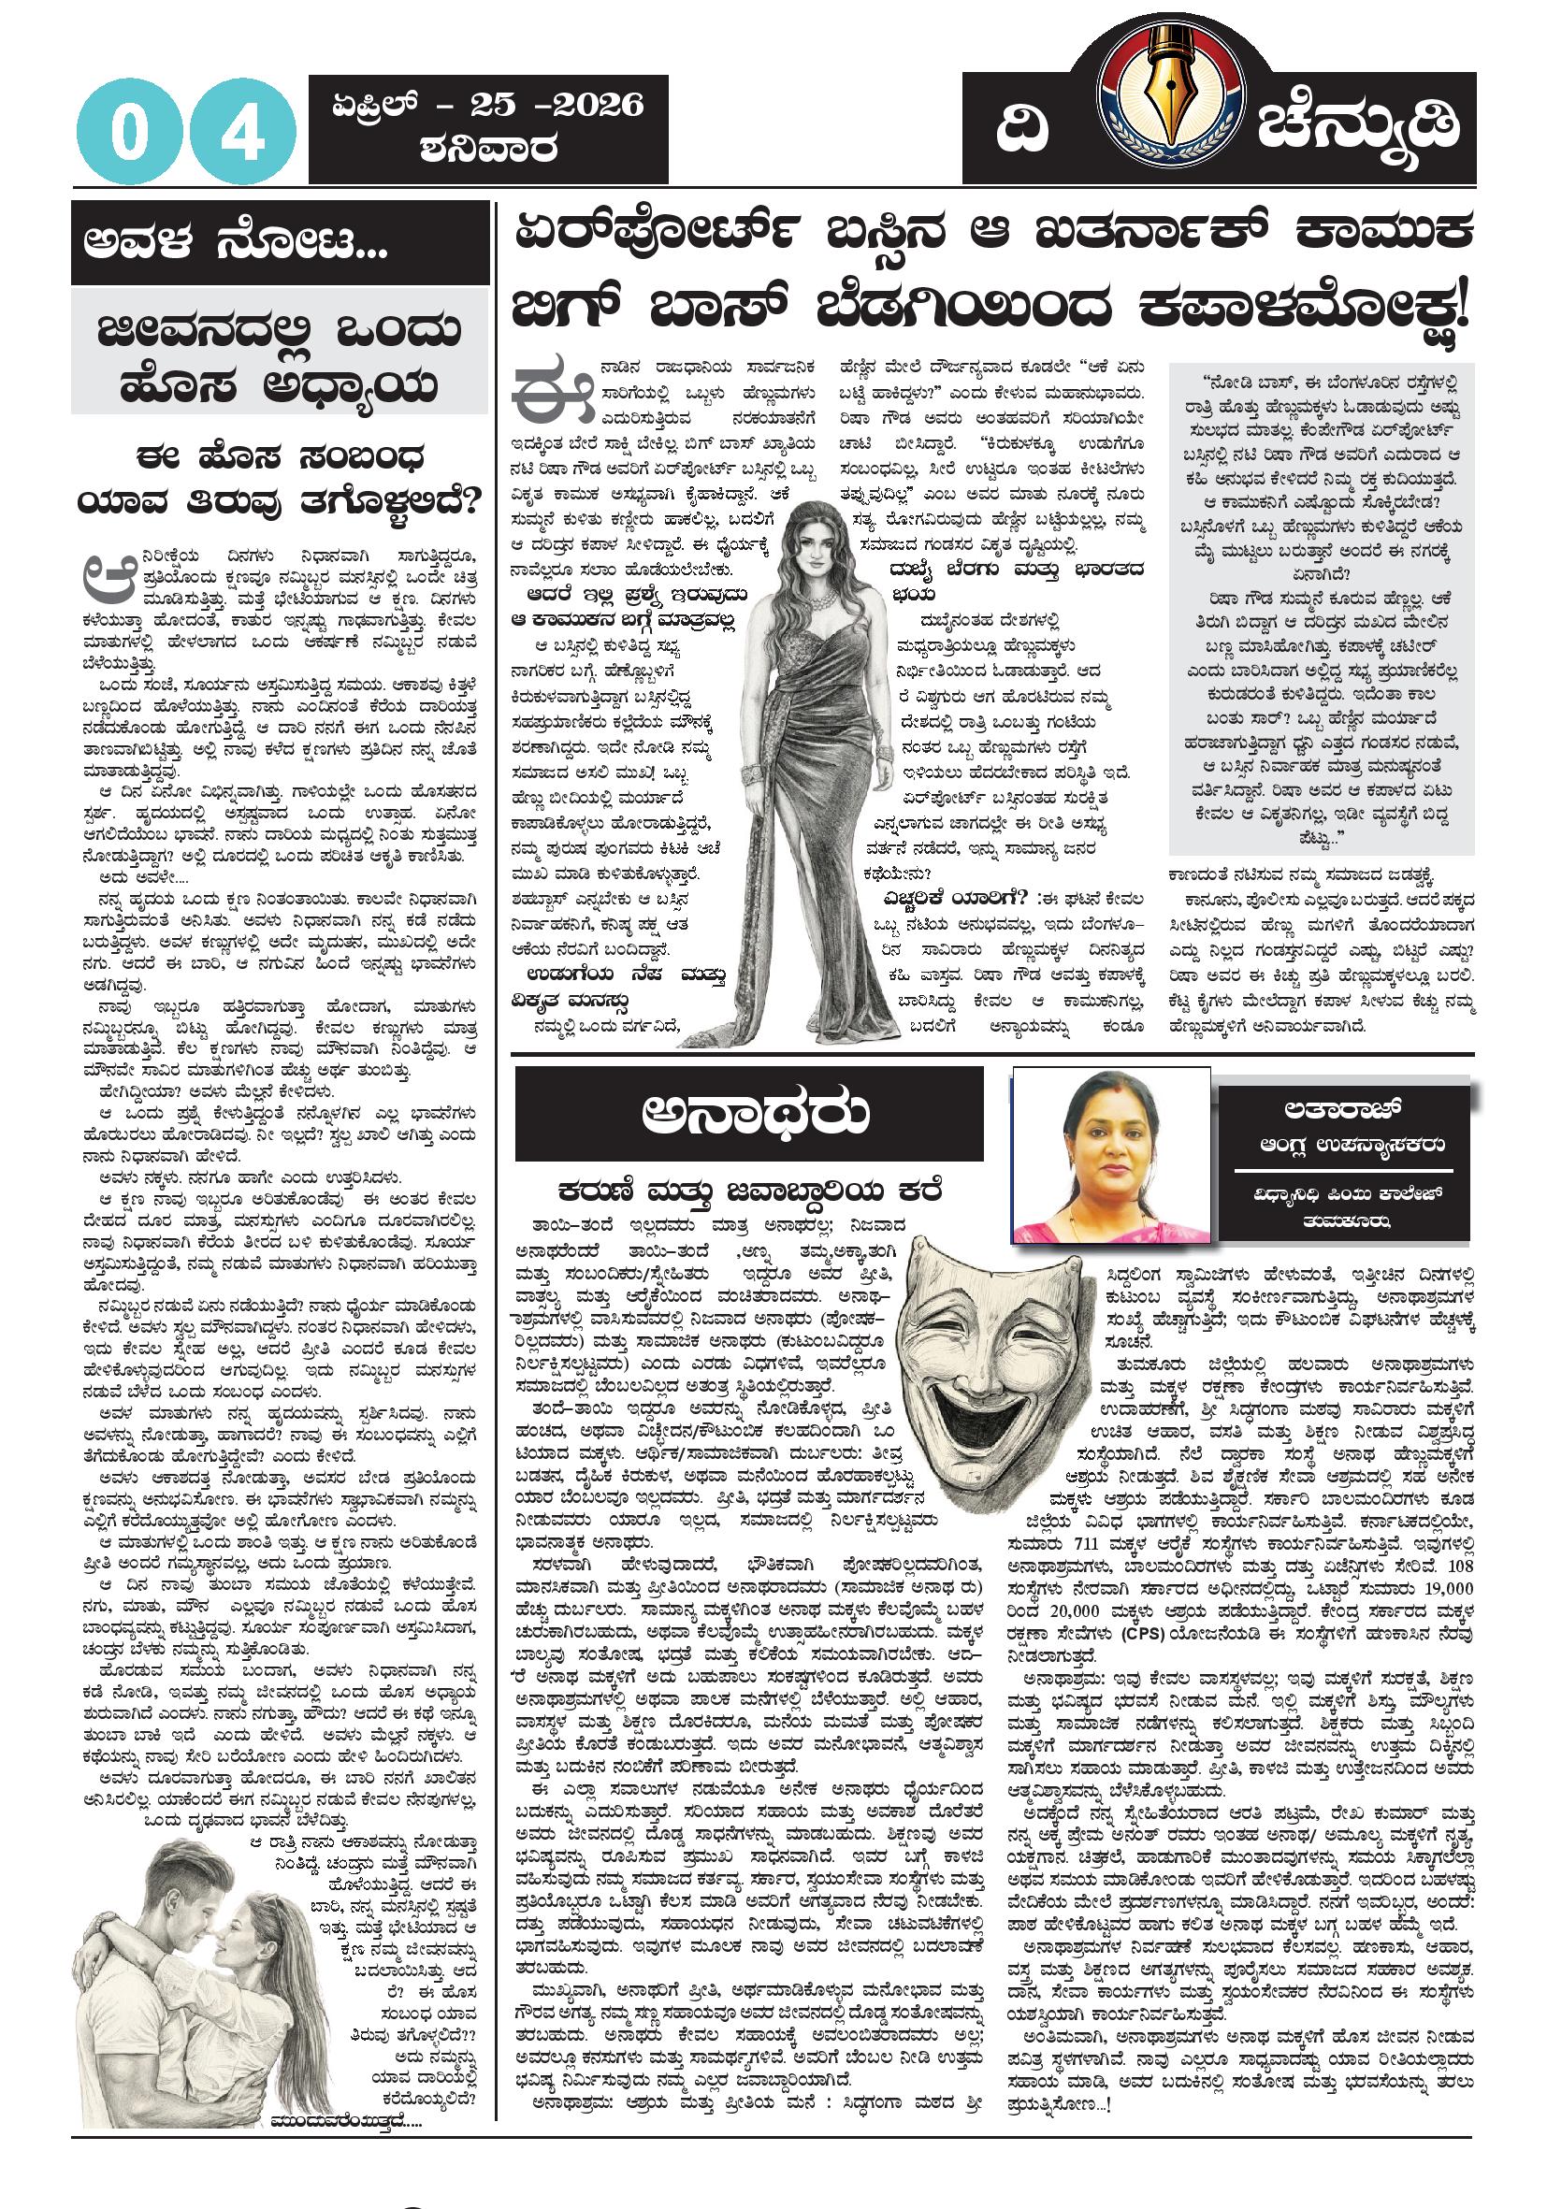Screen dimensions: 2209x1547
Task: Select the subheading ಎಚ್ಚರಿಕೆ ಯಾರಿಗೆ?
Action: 952,899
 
